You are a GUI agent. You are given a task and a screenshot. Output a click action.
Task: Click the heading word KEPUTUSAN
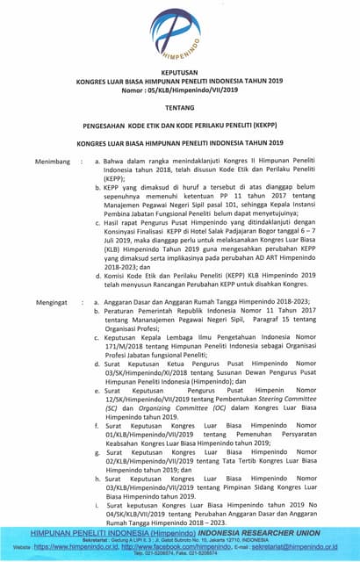pos(180,75)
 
